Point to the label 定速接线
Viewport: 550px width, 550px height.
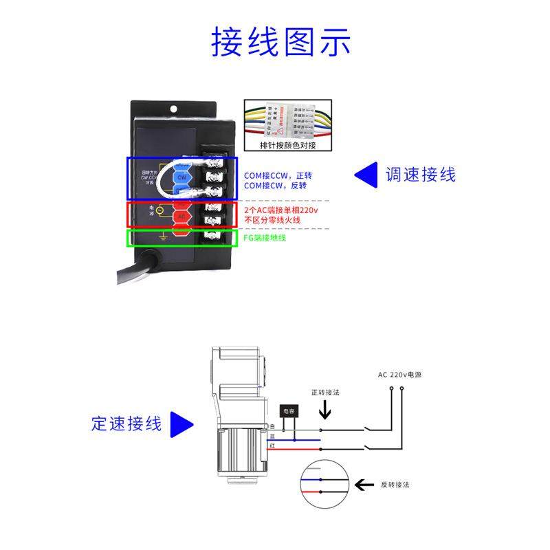click(x=126, y=423)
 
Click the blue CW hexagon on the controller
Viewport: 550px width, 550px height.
click(x=181, y=177)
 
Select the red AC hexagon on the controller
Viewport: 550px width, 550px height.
click(x=181, y=217)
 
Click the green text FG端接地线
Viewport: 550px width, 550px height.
click(x=265, y=238)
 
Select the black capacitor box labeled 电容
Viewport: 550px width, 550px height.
click(x=289, y=411)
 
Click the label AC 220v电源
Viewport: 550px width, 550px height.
click(x=399, y=375)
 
